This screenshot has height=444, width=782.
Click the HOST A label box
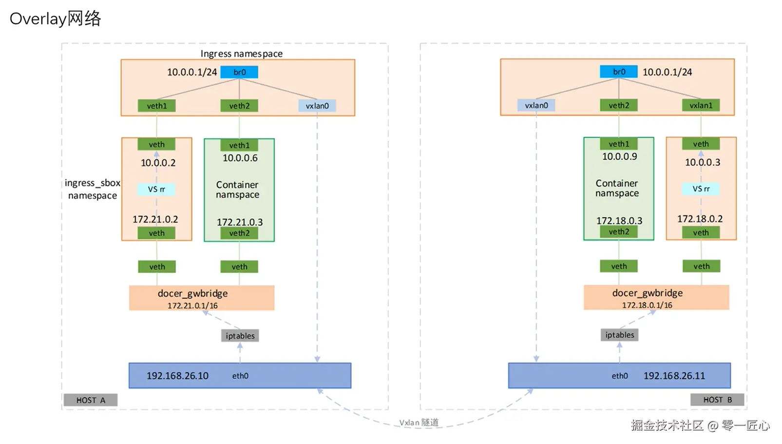pos(90,400)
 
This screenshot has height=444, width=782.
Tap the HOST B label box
pos(717,400)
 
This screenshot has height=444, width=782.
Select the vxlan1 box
pos(701,105)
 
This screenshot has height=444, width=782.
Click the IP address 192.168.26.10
pos(177,376)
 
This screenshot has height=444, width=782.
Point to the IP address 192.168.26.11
pos(674,376)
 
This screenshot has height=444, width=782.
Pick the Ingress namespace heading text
pos(241,54)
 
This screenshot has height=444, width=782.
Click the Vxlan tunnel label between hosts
pos(419,423)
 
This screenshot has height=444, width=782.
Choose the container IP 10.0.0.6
pos(240,158)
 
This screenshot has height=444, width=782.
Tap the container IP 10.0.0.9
pos(619,156)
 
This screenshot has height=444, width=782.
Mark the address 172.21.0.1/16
pos(192,306)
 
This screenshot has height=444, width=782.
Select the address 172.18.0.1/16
pos(647,305)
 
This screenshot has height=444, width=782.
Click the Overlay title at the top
pos(55,19)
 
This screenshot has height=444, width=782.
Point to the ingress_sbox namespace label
pos(92,189)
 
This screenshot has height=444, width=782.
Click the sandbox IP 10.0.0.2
pos(158,163)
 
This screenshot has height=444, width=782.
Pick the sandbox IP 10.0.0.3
pos(702,162)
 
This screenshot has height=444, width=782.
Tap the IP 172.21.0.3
pos(239,222)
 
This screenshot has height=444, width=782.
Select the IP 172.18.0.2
pos(700,219)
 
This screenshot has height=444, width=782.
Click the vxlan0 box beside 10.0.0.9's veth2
pos(536,105)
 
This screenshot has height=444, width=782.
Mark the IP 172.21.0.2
pos(155,219)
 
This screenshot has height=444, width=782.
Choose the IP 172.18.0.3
pos(619,221)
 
